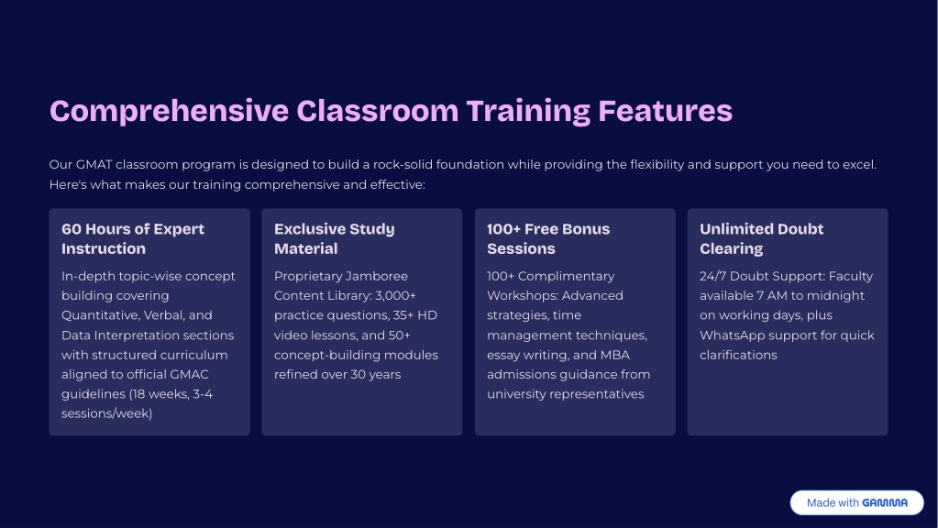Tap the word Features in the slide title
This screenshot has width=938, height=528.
coord(665,111)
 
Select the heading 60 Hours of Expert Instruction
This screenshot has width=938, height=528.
coord(133,238)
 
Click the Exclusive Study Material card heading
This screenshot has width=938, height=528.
coord(334,238)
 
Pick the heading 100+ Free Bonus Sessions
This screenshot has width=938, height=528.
coord(547,238)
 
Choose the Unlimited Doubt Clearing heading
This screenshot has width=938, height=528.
coord(761,238)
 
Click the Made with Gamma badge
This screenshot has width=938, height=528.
coord(856,502)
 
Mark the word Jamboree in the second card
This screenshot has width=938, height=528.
coord(375,276)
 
